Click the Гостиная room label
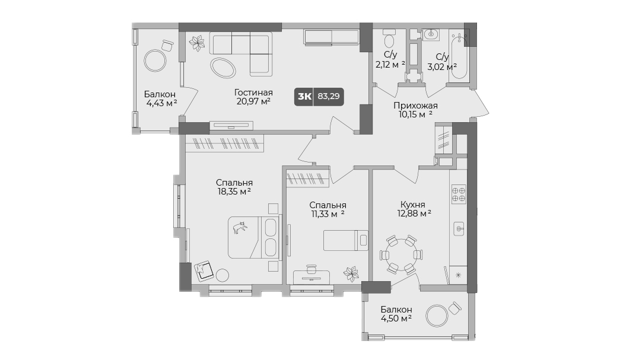coord(253,93)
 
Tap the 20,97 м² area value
coord(253,101)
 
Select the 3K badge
coord(304,97)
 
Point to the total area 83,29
coord(329,97)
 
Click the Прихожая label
coord(415,106)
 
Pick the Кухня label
coord(412,205)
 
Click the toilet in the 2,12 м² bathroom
coord(389,40)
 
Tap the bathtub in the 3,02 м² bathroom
coord(459,56)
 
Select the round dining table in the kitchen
coord(401,254)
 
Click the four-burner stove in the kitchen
coord(459,195)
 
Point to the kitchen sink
coord(459,229)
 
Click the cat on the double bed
coord(240,228)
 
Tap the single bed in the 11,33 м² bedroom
coord(345,240)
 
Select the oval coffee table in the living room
coord(223,68)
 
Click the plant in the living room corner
coord(197,43)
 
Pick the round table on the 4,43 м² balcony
coord(155,60)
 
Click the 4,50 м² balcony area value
coord(396,318)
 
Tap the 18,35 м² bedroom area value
coord(234,192)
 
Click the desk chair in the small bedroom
coord(311,270)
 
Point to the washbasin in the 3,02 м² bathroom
coord(430,34)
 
